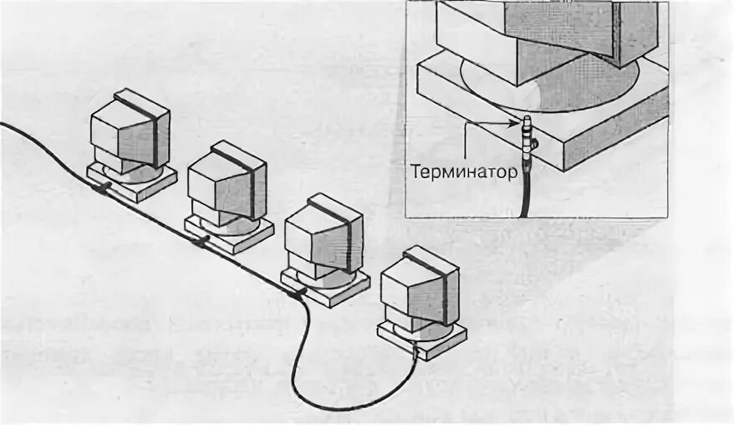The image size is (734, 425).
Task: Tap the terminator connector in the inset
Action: pos(527,138)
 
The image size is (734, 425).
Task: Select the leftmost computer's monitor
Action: pos(130,132)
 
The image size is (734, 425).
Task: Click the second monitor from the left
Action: pos(226,182)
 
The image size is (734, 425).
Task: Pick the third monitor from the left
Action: pos(323,233)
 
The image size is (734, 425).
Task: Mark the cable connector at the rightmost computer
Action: pos(414,352)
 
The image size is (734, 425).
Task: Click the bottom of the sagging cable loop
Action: pos(351,407)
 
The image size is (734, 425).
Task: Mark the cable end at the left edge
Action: pos(3,125)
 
